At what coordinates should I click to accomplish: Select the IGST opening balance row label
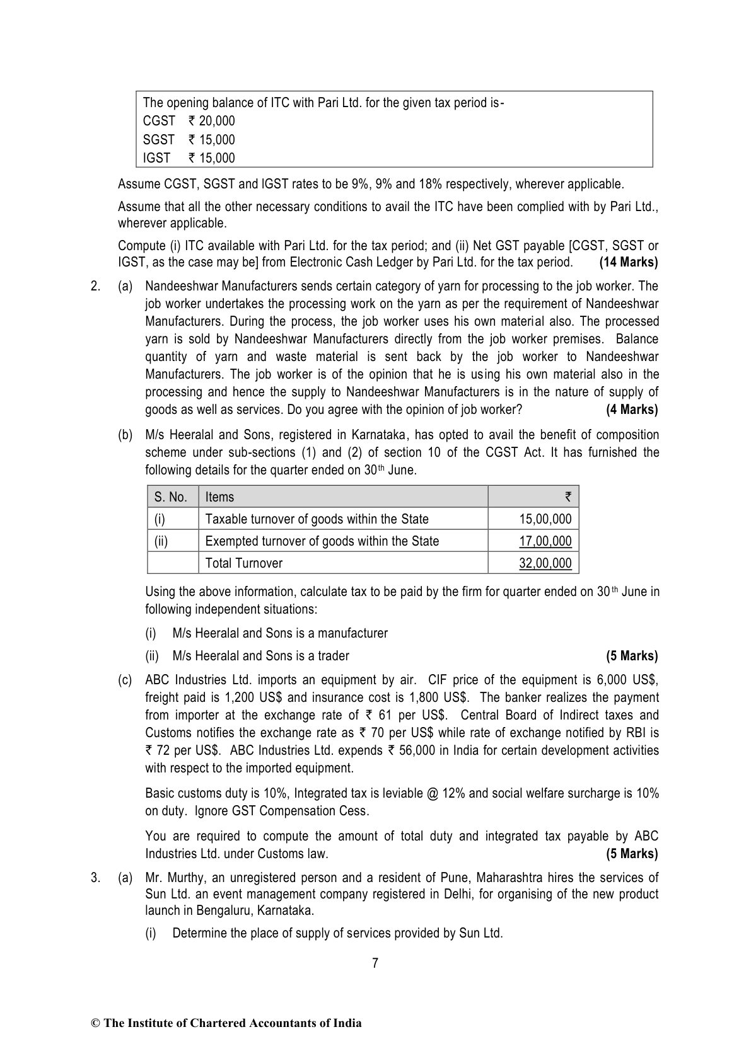pyautogui.click(x=156, y=158)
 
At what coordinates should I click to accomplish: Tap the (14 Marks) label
pyautogui.click(x=628, y=262)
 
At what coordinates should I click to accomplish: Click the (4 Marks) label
pyautogui.click(x=631, y=410)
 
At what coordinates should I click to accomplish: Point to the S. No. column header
pyautogui.click(x=170, y=497)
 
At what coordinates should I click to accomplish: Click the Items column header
pyautogui.click(x=219, y=497)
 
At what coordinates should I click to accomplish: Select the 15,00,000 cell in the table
pyautogui.click(x=545, y=519)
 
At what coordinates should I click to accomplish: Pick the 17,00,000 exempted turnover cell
pyautogui.click(x=545, y=541)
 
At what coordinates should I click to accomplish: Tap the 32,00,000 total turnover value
pyautogui.click(x=545, y=563)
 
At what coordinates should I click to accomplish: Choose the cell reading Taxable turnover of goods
pyautogui.click(x=317, y=519)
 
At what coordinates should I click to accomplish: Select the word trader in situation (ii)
pyautogui.click(x=333, y=656)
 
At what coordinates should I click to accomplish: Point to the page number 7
pyautogui.click(x=375, y=963)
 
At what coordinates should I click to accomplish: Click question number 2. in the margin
pyautogui.click(x=95, y=287)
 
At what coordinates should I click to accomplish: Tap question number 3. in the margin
pyautogui.click(x=95, y=877)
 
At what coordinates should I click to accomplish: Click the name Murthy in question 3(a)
pyautogui.click(x=189, y=877)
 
